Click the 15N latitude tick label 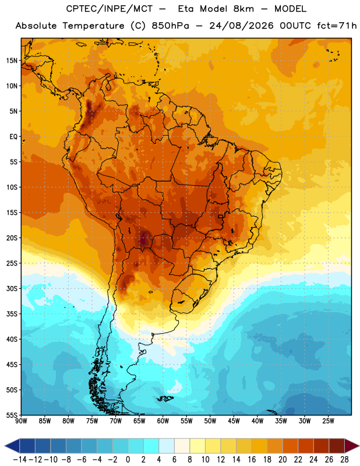12,61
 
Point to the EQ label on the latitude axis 13,137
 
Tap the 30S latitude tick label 12,288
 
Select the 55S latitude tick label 12,415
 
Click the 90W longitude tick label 21,421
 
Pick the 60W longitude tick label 163,421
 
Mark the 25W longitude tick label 328,421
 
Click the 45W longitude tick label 234,421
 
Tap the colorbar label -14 20,460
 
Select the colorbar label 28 344,460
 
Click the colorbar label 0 128,460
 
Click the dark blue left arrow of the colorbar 13,446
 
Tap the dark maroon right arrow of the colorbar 351,446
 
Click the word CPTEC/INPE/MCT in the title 109,9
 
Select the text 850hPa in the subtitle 170,26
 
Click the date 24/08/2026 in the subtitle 241,26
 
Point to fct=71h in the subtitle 337,26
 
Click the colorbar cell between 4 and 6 167,446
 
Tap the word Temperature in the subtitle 93,26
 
